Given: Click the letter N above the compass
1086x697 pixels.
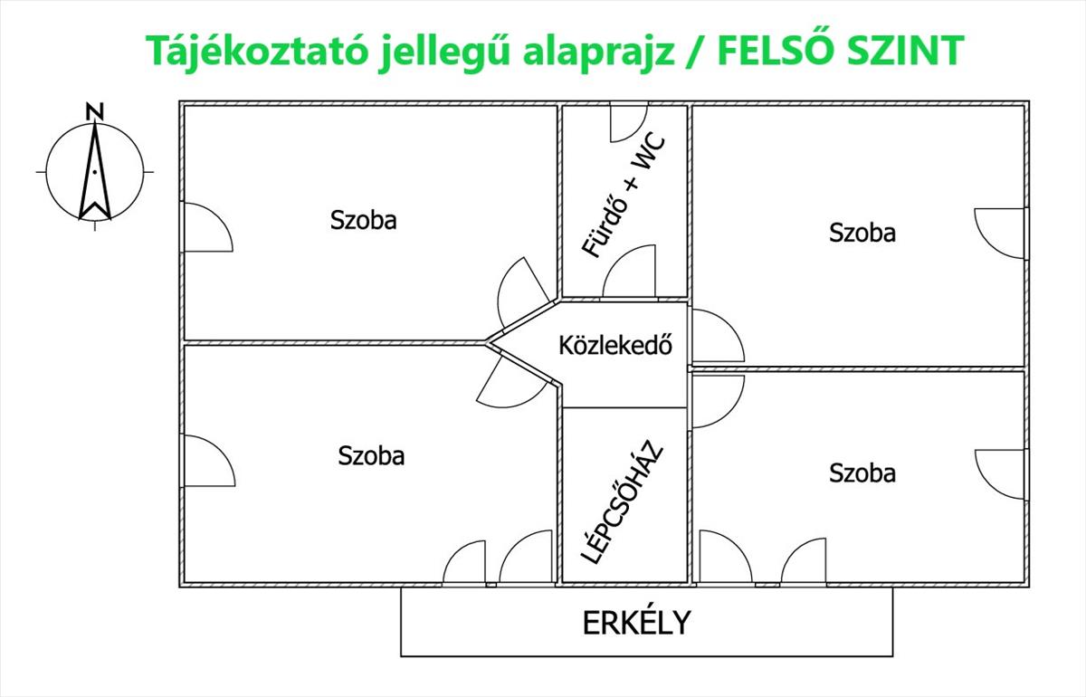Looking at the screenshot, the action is (x=95, y=111).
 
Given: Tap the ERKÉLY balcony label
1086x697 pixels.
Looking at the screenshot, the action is (x=636, y=623).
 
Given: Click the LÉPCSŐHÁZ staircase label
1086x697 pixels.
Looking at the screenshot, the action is (x=622, y=502).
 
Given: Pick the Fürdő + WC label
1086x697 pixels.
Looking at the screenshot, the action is (x=624, y=194).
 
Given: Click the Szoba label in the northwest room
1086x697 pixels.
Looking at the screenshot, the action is (x=364, y=220).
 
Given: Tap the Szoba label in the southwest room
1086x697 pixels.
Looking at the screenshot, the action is (x=371, y=456).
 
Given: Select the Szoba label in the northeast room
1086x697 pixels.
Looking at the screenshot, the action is (x=862, y=233).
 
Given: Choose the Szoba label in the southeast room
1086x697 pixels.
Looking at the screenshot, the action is (x=862, y=473).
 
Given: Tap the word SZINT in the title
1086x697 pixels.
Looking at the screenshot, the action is (x=905, y=50).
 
